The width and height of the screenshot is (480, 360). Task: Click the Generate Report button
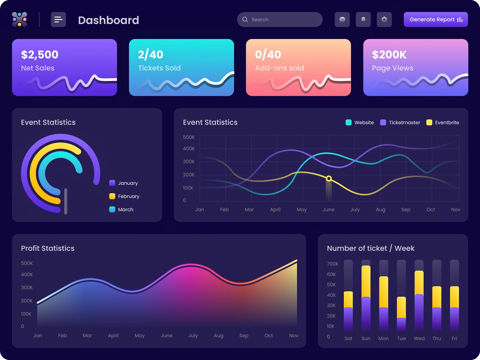pyautogui.click(x=435, y=20)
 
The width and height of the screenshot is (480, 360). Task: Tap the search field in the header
pyautogui.click(x=280, y=20)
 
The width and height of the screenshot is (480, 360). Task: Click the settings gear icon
pyautogui.click(x=384, y=20)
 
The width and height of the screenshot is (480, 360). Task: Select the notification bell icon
pyautogui.click(x=363, y=20)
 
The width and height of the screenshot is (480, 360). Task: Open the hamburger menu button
pyautogui.click(x=58, y=20)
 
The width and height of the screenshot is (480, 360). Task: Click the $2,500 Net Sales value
pyautogui.click(x=40, y=55)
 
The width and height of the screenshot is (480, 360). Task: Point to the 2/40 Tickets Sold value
pyautogui.click(x=151, y=55)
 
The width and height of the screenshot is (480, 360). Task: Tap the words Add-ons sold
pyautogui.click(x=279, y=68)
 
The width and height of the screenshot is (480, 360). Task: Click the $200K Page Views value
pyautogui.click(x=389, y=55)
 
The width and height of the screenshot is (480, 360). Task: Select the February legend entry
pyautogui.click(x=124, y=196)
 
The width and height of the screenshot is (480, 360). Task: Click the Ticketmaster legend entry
pyautogui.click(x=400, y=122)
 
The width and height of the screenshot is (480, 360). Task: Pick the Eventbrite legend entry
pyautogui.click(x=443, y=122)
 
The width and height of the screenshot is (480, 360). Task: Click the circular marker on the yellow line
pyautogui.click(x=329, y=178)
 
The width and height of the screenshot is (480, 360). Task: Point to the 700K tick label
pyautogui.click(x=333, y=264)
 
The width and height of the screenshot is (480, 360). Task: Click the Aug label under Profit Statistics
pyautogui.click(x=218, y=335)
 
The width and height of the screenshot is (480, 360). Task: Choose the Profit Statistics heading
pyautogui.click(x=48, y=248)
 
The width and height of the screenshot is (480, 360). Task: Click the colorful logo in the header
pyautogui.click(x=20, y=20)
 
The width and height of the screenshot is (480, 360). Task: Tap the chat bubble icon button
pyautogui.click(x=342, y=20)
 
